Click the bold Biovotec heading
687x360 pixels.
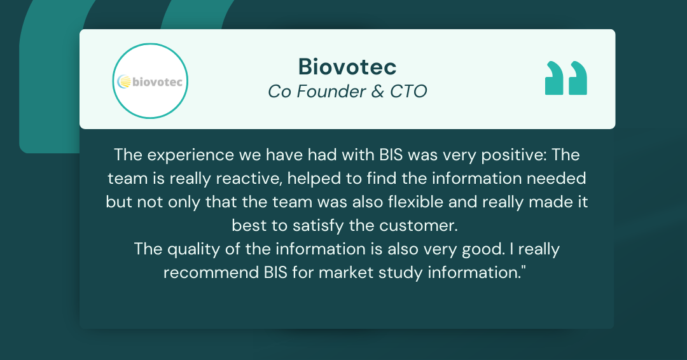[x=347, y=67]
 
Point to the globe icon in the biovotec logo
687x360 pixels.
[x=125, y=81]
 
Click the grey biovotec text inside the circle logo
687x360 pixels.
[x=156, y=81]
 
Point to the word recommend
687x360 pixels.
[x=206, y=272]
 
